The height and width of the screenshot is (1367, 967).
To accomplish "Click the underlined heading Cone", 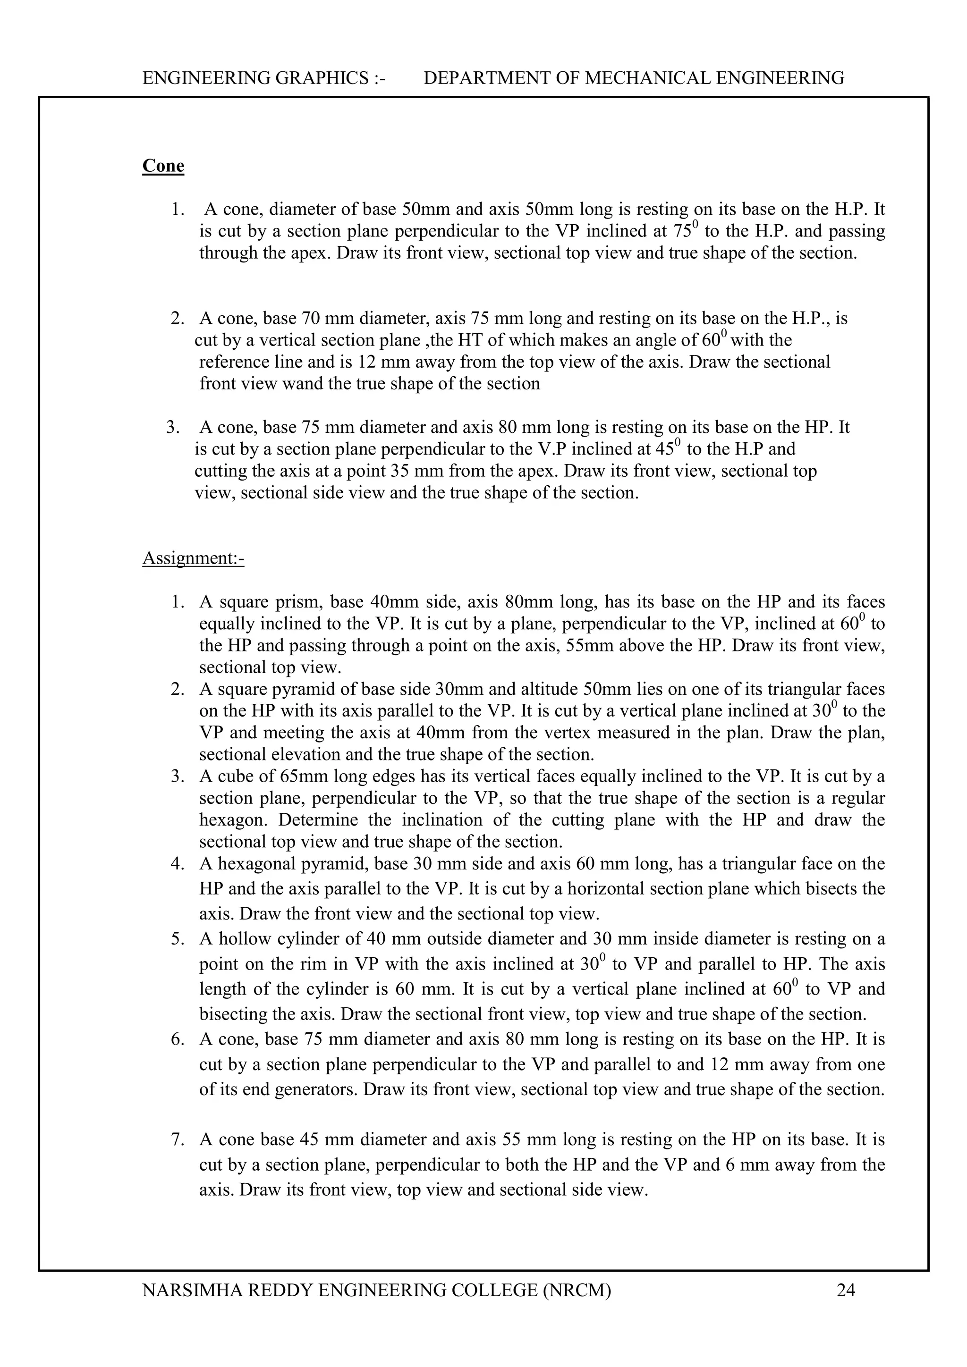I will pos(163,166).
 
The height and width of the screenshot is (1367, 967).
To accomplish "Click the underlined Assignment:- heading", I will pos(193,558).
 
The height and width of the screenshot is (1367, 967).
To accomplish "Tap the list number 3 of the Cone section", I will pos(173,428).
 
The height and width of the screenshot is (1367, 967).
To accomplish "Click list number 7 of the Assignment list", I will pos(177,1139).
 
